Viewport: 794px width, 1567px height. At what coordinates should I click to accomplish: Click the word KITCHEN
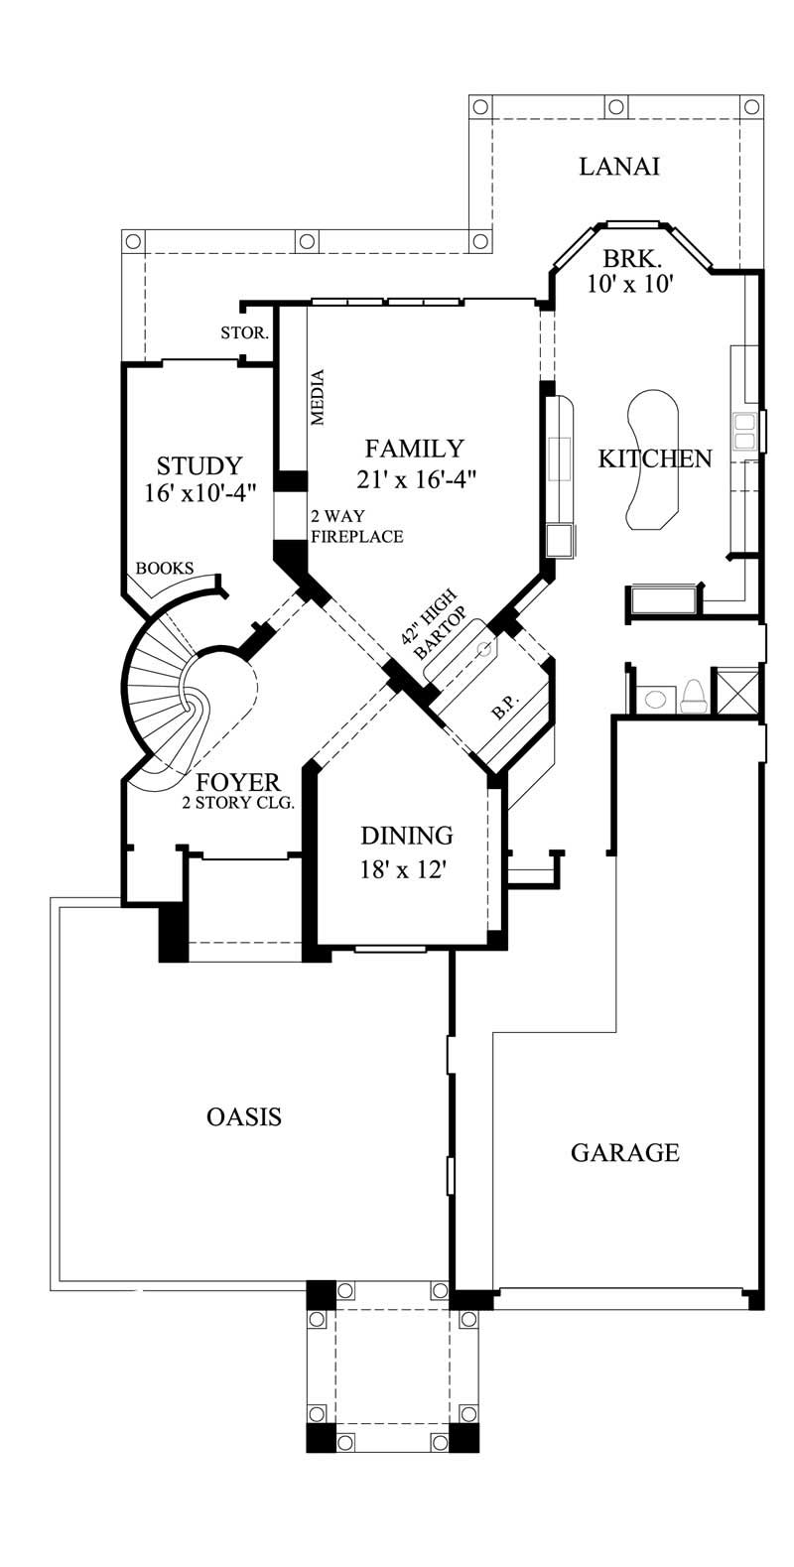pyautogui.click(x=655, y=458)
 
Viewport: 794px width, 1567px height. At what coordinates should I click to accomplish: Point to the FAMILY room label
pyautogui.click(x=413, y=448)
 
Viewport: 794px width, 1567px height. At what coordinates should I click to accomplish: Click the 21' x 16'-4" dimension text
pyautogui.click(x=417, y=479)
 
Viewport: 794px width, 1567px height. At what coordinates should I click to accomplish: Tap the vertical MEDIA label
pyautogui.click(x=319, y=397)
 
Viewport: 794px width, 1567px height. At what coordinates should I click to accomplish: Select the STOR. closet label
pyautogui.click(x=244, y=333)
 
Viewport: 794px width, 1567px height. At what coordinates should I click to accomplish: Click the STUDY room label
pyautogui.click(x=199, y=465)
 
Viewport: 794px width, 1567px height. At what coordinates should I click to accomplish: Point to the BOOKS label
pyautogui.click(x=164, y=569)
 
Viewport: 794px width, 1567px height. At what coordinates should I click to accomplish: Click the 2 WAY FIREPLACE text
pyautogui.click(x=356, y=527)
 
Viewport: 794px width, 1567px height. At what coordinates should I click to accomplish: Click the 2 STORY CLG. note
pyautogui.click(x=238, y=803)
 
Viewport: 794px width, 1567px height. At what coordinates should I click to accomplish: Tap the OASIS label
pyautogui.click(x=244, y=1116)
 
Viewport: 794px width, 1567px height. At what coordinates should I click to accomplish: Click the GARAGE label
pyautogui.click(x=625, y=1152)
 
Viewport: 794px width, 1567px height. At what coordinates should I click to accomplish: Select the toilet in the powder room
pyautogui.click(x=694, y=695)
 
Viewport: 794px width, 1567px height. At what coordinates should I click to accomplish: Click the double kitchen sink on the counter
pyautogui.click(x=743, y=433)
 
